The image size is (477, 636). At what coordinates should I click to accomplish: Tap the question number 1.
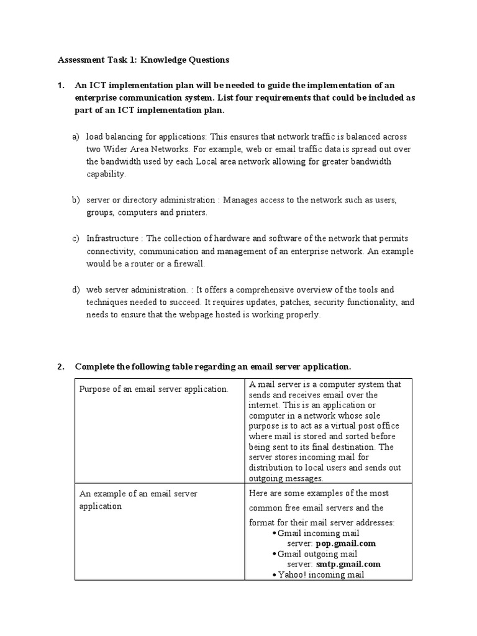(x=61, y=86)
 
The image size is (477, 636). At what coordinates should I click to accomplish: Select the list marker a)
(x=76, y=137)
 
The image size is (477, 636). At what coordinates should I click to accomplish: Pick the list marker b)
(x=76, y=200)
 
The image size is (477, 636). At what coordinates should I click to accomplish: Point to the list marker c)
(x=76, y=238)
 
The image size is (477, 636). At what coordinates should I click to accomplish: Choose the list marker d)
(x=76, y=289)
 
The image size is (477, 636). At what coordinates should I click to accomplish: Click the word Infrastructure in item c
(x=114, y=238)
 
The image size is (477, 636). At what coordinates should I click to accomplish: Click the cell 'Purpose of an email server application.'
(x=153, y=389)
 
